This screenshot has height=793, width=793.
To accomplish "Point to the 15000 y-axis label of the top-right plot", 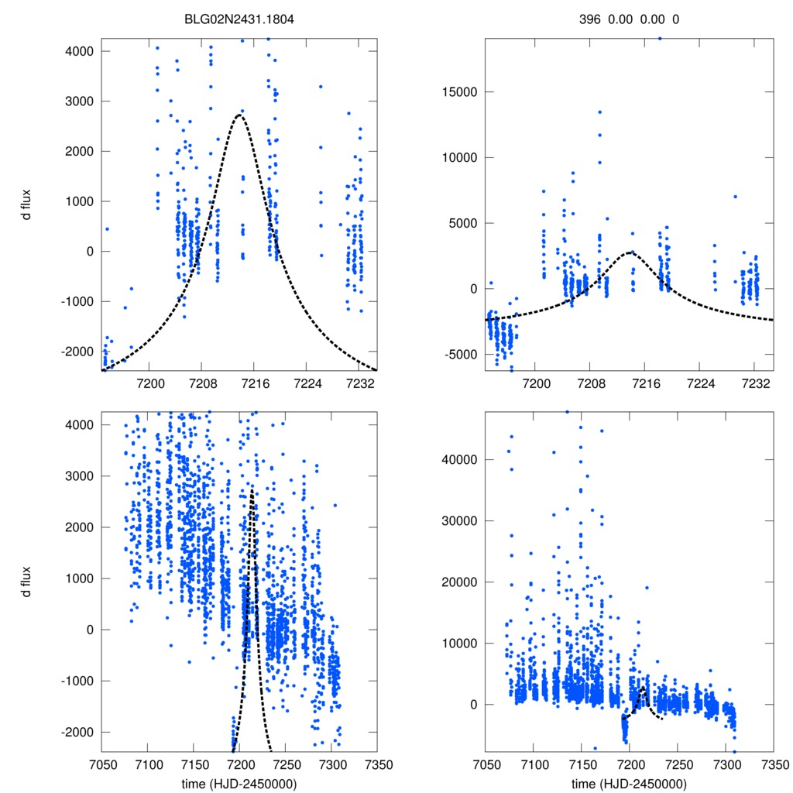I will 456,92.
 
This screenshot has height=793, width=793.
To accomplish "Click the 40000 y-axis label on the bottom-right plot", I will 456,459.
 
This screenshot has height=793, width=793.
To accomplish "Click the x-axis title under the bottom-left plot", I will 239,783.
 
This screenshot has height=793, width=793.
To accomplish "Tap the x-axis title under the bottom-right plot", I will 629,783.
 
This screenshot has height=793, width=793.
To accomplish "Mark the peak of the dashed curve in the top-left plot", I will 240,115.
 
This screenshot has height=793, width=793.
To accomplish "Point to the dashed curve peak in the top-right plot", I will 630,252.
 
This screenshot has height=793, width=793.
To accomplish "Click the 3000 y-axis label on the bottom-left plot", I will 80,476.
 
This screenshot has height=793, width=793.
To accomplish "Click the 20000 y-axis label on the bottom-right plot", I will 456,582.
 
